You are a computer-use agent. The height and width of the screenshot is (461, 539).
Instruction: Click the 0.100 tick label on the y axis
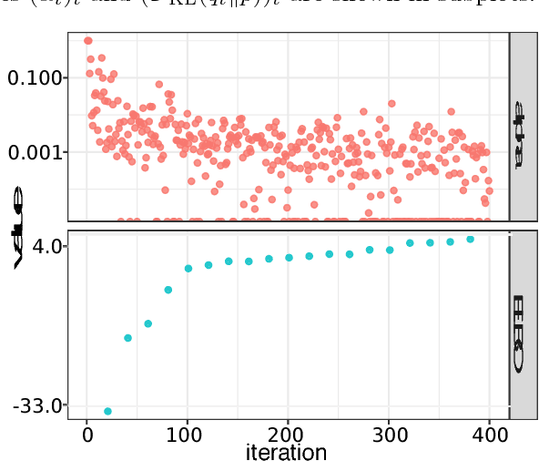pos(36,78)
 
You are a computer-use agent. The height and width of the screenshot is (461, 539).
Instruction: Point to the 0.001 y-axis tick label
pos(36,152)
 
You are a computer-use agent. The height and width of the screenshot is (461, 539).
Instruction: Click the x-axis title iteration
pos(286,451)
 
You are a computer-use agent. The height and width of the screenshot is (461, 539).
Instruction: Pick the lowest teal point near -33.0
pos(107,412)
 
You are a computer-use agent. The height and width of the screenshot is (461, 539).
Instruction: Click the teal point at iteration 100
pos(188,269)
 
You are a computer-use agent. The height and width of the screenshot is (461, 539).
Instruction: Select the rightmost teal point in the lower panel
pos(471,239)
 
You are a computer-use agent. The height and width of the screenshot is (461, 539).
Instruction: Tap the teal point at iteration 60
pos(147,323)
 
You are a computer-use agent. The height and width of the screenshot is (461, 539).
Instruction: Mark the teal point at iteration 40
pos(127,339)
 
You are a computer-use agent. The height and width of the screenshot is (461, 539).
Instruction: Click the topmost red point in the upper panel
pos(87,40)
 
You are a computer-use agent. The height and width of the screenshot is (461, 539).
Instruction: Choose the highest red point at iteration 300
pos(392,104)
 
